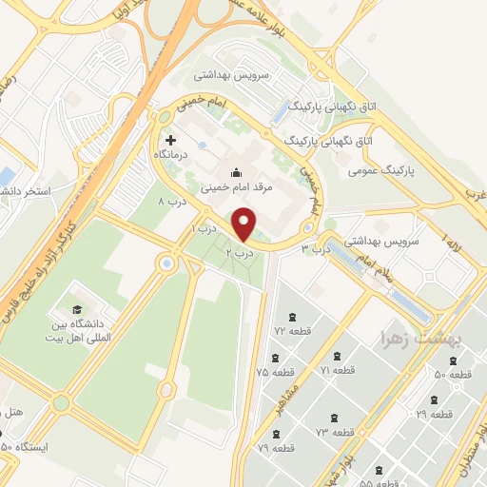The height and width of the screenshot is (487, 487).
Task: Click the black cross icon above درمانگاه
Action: [170, 140]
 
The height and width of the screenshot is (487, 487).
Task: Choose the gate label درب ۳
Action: [315, 248]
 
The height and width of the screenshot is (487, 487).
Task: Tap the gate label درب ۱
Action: [205, 229]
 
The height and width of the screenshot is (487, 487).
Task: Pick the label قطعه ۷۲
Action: [293, 330]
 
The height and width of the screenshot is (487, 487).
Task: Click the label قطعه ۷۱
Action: [338, 370]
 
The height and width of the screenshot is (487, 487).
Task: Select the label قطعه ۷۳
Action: [335, 432]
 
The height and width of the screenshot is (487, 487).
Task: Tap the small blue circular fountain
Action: [167, 263]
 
